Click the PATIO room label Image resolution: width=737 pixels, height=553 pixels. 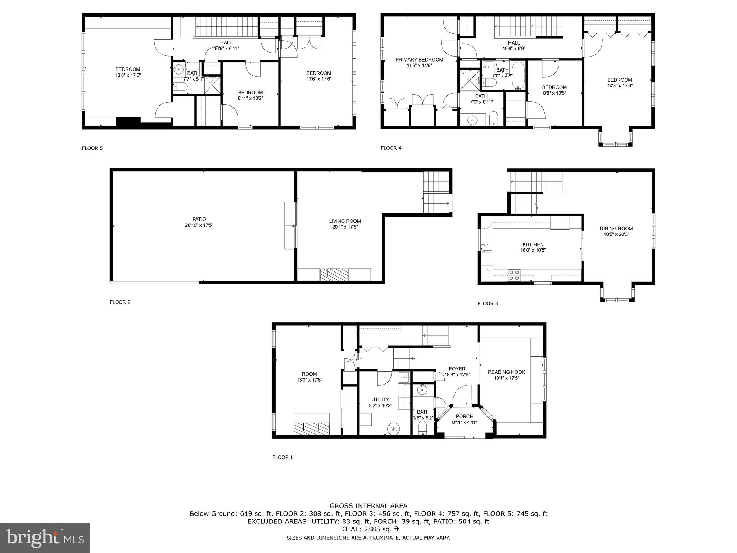199,219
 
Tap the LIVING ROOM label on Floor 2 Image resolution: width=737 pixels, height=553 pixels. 345,221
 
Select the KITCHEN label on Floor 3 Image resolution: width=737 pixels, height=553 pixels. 533,244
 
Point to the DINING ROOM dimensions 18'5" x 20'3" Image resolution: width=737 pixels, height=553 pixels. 616,234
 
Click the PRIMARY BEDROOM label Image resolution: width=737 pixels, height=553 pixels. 419,60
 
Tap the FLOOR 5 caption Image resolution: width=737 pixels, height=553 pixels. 92,148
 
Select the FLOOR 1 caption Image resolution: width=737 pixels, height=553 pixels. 282,457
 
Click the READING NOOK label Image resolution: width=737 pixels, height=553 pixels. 506,372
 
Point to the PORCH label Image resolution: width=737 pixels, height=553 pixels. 464,416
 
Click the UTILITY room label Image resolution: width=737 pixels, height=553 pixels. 380,399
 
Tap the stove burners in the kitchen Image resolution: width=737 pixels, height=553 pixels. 514,275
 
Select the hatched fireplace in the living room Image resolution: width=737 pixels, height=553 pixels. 334,274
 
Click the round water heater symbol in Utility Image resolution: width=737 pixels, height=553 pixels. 393,428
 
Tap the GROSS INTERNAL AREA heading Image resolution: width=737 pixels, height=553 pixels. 368,506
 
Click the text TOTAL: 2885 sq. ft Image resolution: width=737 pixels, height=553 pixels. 368,529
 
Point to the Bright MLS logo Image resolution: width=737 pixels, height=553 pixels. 45,538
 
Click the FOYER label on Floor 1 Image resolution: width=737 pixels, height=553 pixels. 457,369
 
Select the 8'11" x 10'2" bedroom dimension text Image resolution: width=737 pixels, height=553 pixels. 250,98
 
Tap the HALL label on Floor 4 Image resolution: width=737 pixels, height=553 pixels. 514,43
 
